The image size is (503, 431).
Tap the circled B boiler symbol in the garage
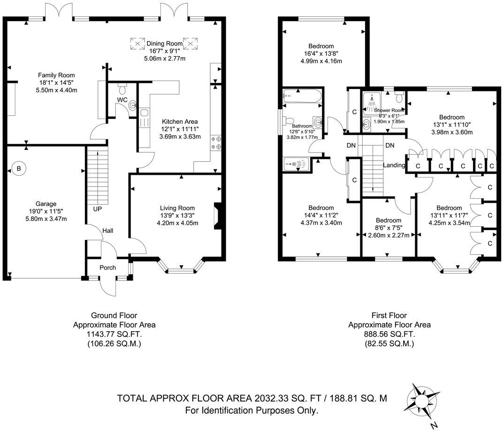pyautogui.click(x=19, y=169)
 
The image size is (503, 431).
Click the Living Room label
pyautogui.click(x=177, y=208)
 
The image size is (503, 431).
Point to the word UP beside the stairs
pyautogui.click(x=97, y=208)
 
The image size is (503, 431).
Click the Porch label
pyautogui.click(x=107, y=268)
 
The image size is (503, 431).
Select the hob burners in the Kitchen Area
pyautogui.click(x=218, y=142)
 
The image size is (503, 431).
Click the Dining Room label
pyautogui.click(x=164, y=44)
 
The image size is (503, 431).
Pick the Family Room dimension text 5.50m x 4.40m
pyautogui.click(x=57, y=90)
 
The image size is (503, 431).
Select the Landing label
pyautogui.click(x=394, y=165)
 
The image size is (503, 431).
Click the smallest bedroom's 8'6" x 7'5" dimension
pyautogui.click(x=389, y=228)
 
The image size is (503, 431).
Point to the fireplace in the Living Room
pyautogui.click(x=217, y=216)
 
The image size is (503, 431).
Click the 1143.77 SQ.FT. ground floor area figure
pyautogui.click(x=114, y=334)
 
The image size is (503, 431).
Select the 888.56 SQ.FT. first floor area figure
pyautogui.click(x=389, y=334)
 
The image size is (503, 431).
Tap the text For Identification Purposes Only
pyautogui.click(x=251, y=410)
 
